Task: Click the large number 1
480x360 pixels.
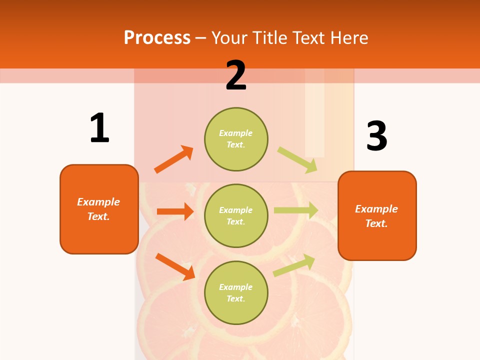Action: (99, 128)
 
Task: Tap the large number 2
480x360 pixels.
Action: (236, 75)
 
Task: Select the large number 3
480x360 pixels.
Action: (376, 136)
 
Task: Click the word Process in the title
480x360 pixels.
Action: (157, 37)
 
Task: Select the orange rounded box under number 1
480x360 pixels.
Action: (99, 209)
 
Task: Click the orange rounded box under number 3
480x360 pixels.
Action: (377, 216)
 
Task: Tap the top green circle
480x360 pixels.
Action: (236, 139)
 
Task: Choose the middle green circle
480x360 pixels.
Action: (236, 216)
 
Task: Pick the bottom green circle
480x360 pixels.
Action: (236, 293)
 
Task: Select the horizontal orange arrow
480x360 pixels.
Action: (175, 211)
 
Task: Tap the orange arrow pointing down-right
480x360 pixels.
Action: (175, 266)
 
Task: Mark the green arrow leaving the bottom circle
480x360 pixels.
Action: (294, 265)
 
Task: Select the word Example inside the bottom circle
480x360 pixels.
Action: (236, 287)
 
